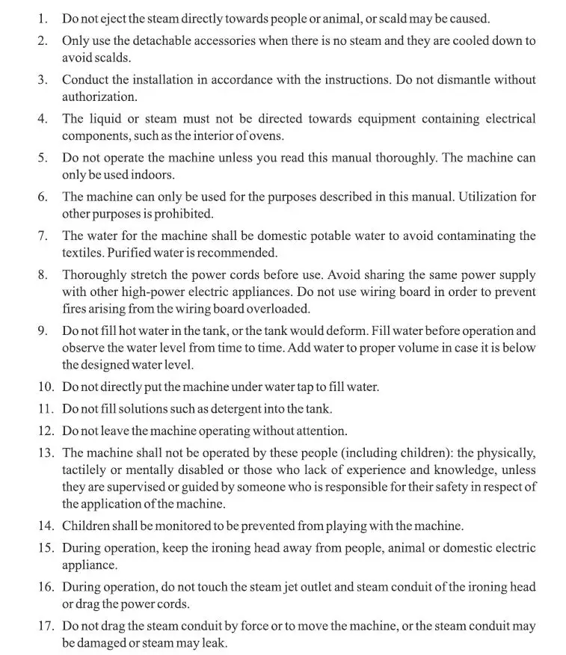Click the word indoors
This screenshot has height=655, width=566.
(x=153, y=175)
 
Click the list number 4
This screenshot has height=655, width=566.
(x=43, y=119)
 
